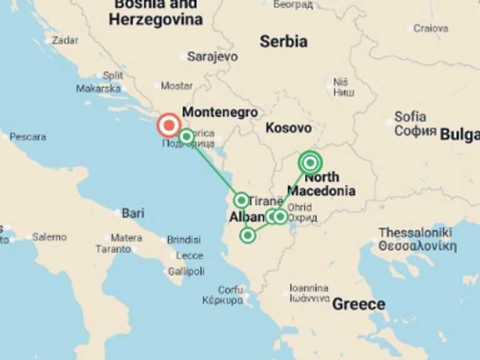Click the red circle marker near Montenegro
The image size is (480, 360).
[168, 126]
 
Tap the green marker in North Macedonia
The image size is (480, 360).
[310, 162]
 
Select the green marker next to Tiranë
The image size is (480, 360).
[241, 200]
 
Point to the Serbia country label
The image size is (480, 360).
[283, 41]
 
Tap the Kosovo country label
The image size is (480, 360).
[288, 128]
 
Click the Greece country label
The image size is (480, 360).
[358, 304]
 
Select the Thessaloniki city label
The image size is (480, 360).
[415, 232]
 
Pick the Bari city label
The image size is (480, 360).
[132, 213]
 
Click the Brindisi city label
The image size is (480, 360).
[184, 239]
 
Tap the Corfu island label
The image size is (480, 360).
[230, 289]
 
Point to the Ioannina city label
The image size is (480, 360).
[309, 288]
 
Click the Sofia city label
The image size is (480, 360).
[410, 117]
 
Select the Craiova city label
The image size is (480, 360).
[431, 28]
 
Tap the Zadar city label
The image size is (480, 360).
[65, 40]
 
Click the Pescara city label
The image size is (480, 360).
[28, 136]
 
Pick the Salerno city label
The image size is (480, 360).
[49, 237]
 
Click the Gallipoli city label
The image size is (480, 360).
[186, 271]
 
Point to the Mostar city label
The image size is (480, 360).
[176, 86]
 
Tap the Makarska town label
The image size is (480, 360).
[98, 88]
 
